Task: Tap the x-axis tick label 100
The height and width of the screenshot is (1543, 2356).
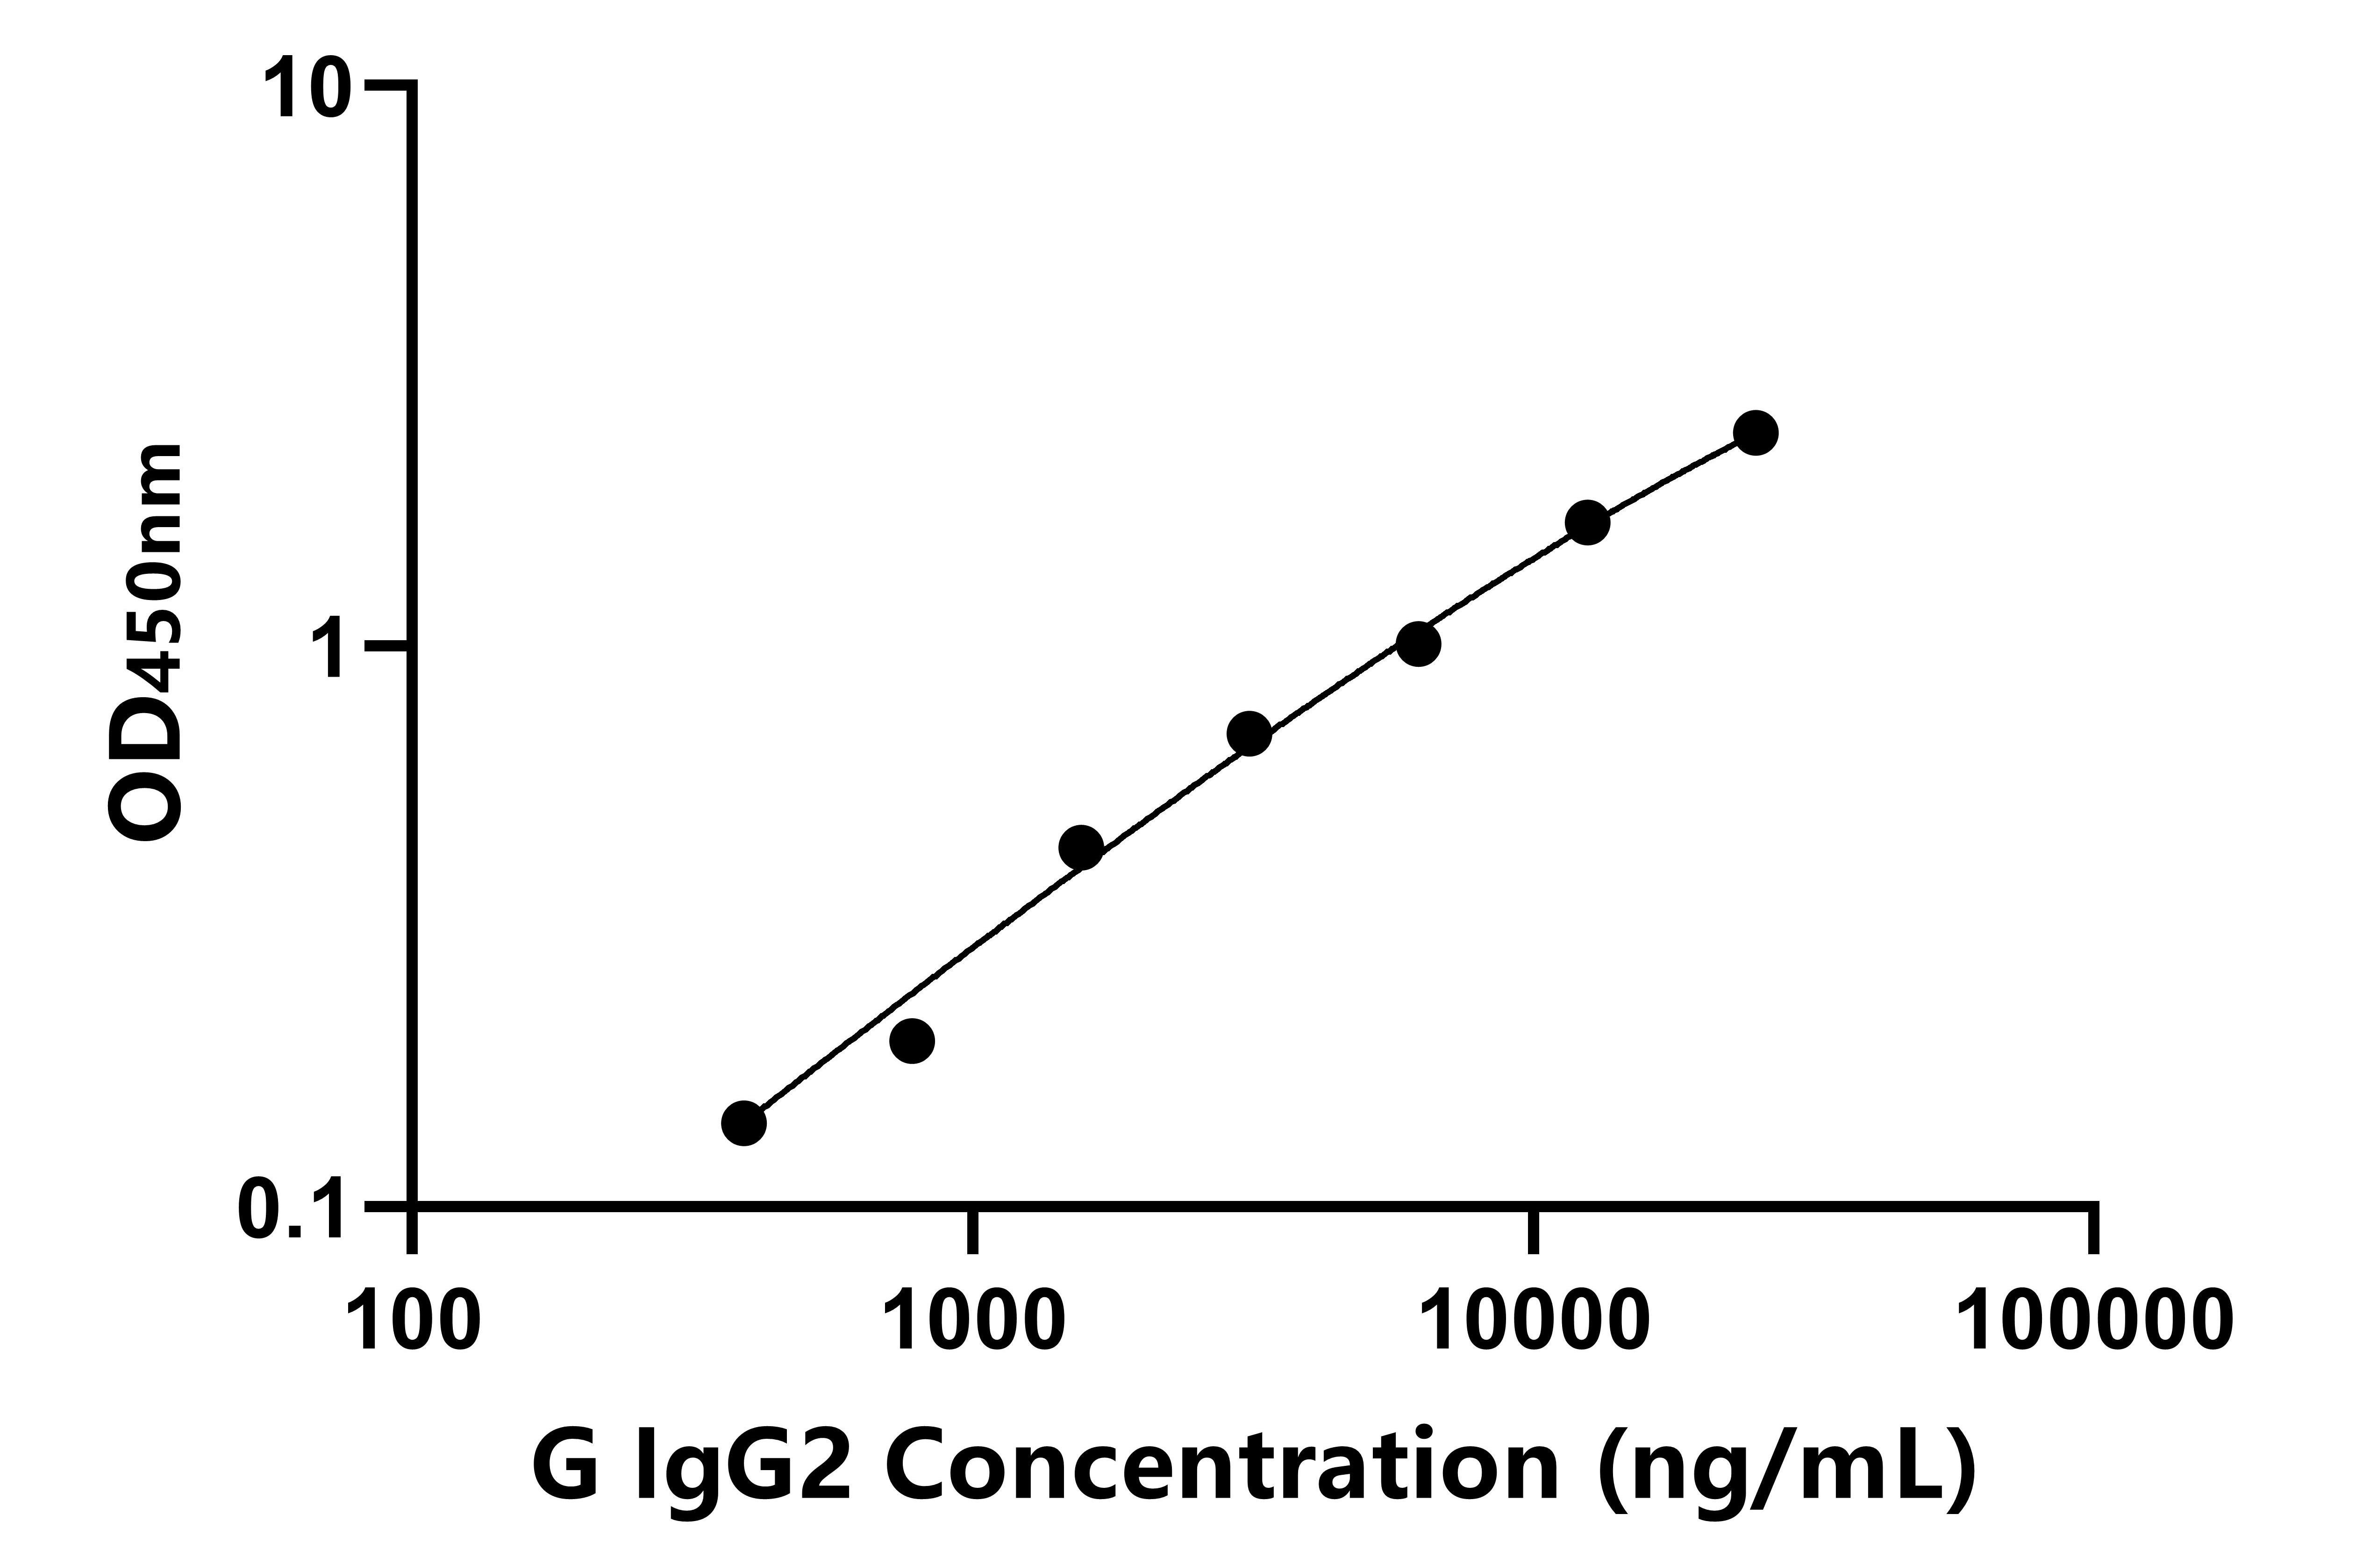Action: [x=414, y=1320]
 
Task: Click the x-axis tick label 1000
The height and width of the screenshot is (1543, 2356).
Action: [x=975, y=1320]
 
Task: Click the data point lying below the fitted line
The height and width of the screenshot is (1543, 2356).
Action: [x=913, y=1040]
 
